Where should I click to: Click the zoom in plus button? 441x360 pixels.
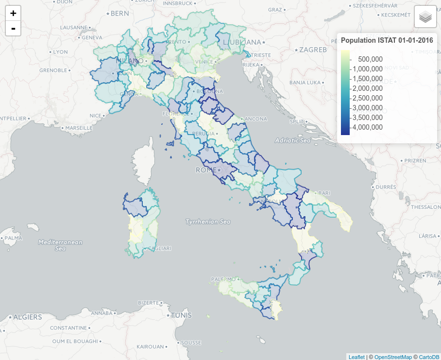13,13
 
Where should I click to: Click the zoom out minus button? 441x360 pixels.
13,29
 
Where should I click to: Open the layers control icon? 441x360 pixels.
425,17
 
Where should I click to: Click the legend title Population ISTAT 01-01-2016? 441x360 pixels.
387,41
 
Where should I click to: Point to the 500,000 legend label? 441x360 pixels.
370,59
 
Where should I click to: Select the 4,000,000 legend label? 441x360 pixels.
367,127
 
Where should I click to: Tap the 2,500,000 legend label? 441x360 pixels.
367,98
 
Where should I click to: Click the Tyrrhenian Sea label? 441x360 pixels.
207,222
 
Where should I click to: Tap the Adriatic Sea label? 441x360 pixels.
292,140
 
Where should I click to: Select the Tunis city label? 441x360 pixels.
181,315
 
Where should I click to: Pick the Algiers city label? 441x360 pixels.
27,317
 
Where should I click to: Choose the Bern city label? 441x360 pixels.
119,14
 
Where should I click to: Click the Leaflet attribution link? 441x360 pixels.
356,357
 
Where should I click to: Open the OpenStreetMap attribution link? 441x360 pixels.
393,357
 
